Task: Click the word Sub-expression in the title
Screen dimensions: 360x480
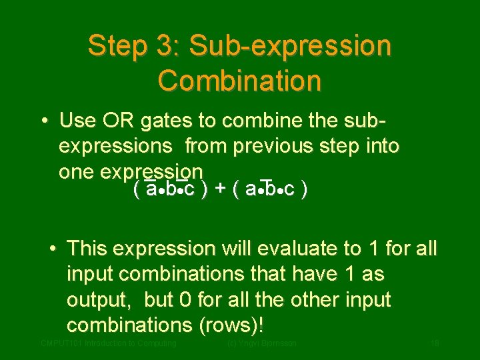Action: (290, 47)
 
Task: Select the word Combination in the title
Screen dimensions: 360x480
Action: (239, 81)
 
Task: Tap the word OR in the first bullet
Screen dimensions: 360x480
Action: (117, 121)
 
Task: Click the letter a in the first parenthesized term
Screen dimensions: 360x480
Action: (151, 190)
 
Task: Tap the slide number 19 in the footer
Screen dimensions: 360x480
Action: (434, 343)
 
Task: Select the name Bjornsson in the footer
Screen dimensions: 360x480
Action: (277, 343)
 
